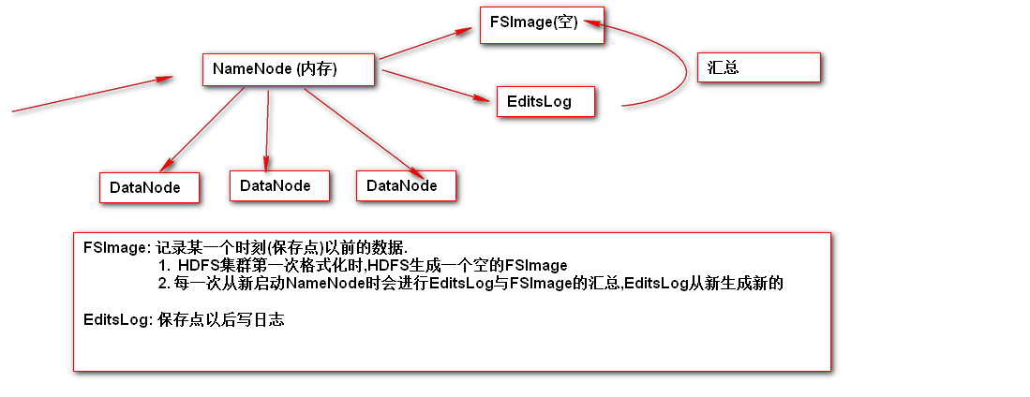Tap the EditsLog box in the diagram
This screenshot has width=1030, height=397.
[x=545, y=101]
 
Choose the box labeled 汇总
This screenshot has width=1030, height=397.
[x=758, y=67]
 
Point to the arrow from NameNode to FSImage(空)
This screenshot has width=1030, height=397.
[x=426, y=41]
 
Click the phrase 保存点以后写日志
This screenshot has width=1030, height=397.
[x=221, y=319]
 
